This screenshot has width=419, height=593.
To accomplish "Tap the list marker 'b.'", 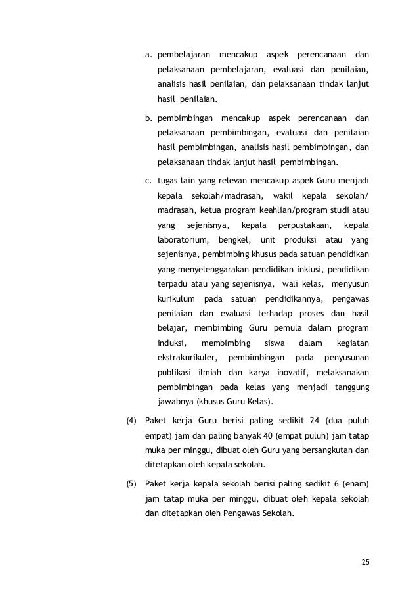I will tap(149, 118).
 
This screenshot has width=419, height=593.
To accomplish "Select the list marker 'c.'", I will tap(149, 181).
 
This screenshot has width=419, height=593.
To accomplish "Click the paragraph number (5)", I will tap(131, 484).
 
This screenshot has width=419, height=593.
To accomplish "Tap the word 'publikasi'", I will tap(175, 373).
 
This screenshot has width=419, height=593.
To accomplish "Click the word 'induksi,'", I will tap(172, 343).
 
